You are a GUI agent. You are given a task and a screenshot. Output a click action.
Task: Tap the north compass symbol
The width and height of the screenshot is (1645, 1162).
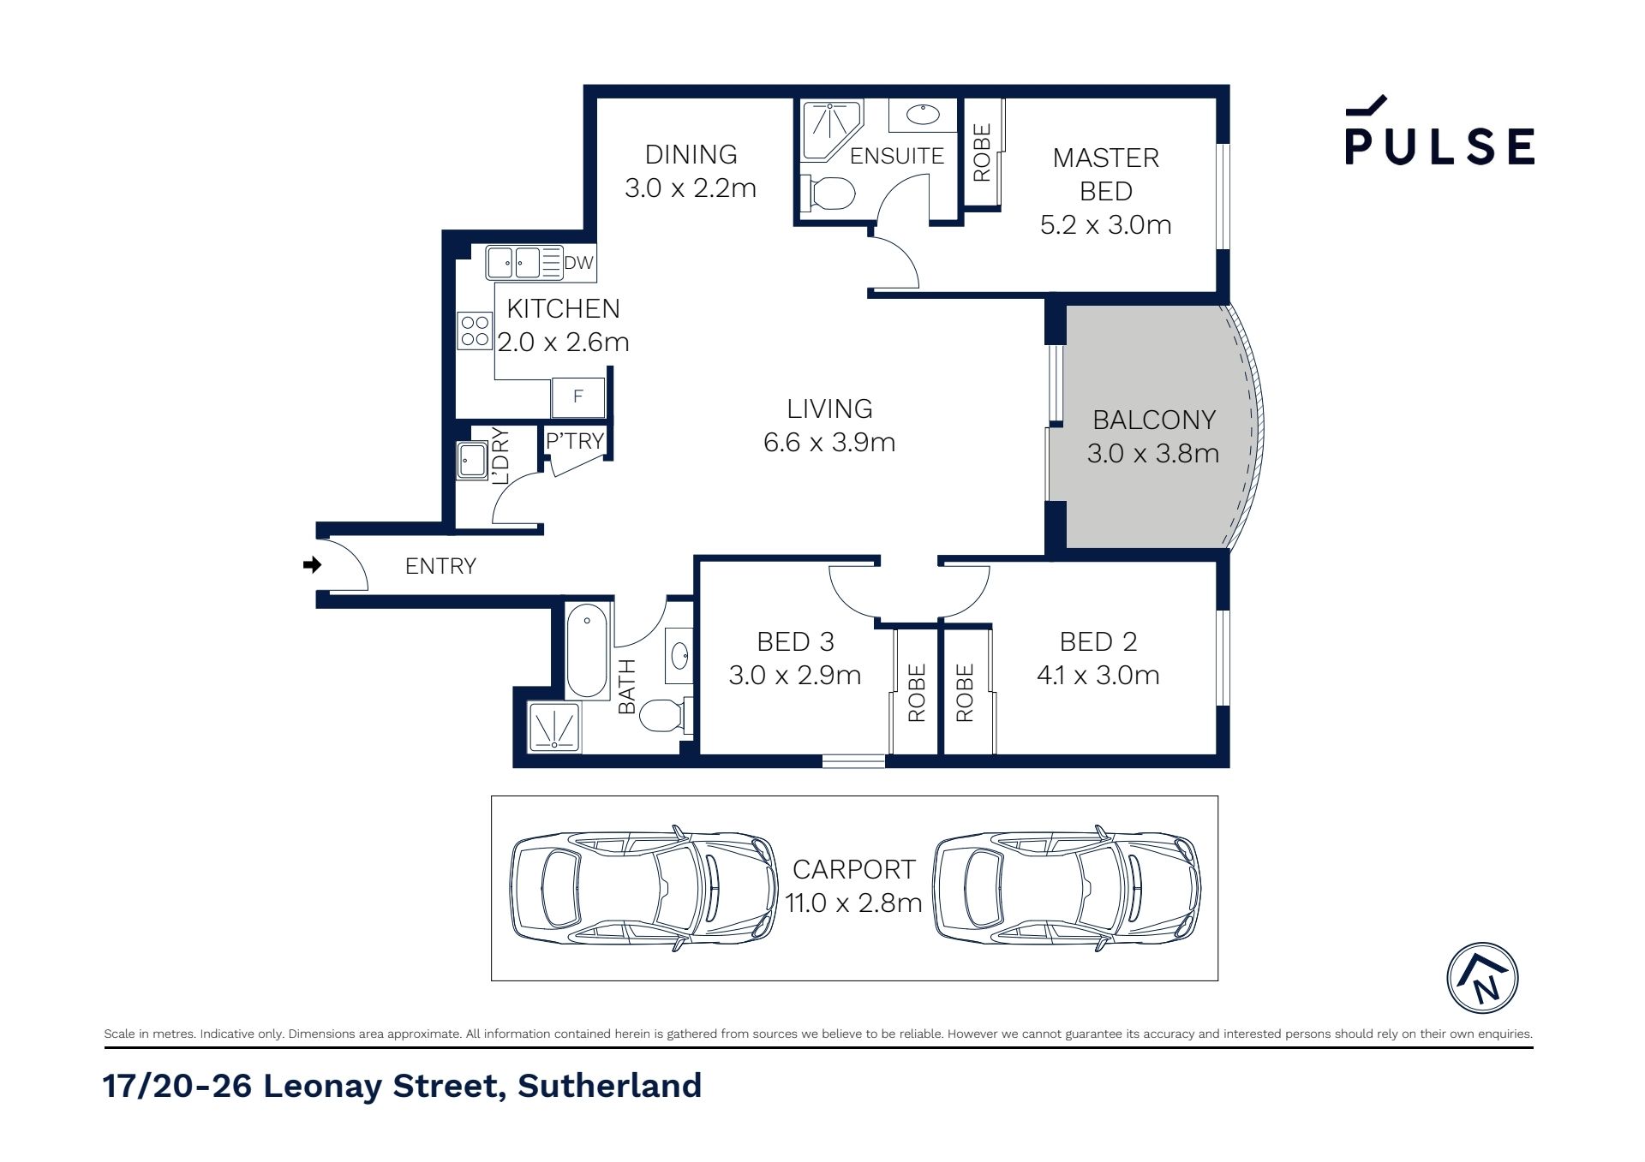[x=1482, y=978]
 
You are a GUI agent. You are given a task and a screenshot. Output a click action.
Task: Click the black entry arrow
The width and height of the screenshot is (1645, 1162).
[x=313, y=564]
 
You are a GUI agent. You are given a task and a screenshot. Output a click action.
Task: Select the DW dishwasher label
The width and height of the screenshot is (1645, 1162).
[x=578, y=263]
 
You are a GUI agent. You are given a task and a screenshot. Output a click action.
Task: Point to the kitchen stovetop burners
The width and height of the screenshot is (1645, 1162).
[x=475, y=331]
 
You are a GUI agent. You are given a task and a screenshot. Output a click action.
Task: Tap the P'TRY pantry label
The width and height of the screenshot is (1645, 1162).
[x=575, y=441]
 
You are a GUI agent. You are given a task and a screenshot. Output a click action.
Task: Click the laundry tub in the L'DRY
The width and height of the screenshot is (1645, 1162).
[x=471, y=460]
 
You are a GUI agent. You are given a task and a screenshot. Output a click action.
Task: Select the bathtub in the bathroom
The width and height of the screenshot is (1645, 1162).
[x=587, y=650]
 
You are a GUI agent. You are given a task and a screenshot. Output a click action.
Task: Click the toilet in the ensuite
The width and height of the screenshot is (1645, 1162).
[x=828, y=194]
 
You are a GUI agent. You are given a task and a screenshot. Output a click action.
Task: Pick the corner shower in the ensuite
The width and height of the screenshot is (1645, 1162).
[x=831, y=129]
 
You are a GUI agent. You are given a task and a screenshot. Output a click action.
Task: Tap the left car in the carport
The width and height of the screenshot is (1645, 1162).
[x=644, y=888]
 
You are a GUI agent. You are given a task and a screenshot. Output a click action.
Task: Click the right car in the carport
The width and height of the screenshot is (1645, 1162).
[x=1067, y=888]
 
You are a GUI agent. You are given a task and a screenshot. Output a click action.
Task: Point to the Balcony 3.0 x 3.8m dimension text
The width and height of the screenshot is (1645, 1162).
[x=1153, y=453]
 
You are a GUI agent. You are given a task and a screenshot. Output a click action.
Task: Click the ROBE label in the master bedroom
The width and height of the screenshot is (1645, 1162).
[x=982, y=152]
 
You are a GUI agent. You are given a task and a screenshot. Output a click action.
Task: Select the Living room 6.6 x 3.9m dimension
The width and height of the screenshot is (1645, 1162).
[x=829, y=442]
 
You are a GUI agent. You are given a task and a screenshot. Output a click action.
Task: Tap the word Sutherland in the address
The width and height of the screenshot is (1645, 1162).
[x=610, y=1086]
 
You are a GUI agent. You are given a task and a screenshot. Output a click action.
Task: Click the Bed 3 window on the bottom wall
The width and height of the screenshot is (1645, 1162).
[x=853, y=760]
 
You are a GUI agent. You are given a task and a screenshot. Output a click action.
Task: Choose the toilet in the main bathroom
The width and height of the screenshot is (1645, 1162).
[x=665, y=715]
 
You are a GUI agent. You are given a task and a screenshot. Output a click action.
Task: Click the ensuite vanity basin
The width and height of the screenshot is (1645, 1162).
[x=923, y=115]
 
